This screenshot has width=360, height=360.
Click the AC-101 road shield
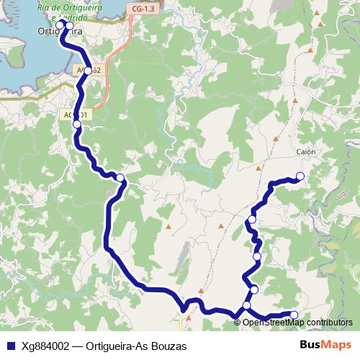[x=75, y=114]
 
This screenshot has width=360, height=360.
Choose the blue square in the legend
[x=10, y=346]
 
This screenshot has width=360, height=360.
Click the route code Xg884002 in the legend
[x=45, y=346]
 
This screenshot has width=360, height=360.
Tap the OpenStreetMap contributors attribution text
[x=297, y=322]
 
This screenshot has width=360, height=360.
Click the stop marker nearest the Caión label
[x=300, y=176]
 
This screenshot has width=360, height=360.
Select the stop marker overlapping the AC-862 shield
[x=87, y=71]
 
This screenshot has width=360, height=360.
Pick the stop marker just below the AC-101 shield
[x=77, y=125]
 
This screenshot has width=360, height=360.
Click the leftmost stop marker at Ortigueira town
[x=60, y=24]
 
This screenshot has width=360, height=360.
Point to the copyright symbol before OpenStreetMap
[x=238, y=322]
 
